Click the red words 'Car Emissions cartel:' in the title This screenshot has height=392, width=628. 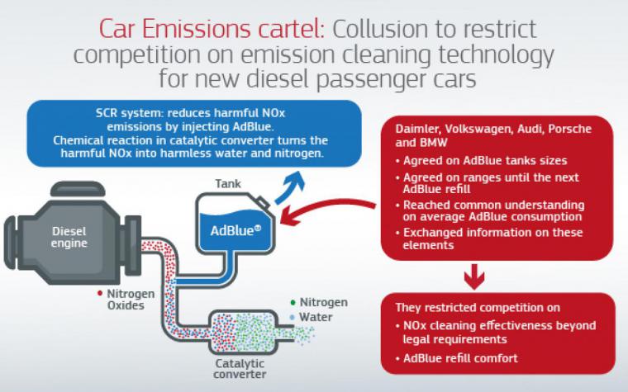(212, 30)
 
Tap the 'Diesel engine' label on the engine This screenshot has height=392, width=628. (69, 237)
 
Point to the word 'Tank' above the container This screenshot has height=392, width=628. (228, 183)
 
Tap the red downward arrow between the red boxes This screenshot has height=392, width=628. (474, 276)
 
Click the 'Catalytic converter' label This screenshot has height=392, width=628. (240, 369)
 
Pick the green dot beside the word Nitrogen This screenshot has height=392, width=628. (293, 302)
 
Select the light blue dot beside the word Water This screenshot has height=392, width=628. (293, 317)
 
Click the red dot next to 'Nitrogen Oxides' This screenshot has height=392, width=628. (100, 294)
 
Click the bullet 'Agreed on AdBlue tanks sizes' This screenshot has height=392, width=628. (485, 161)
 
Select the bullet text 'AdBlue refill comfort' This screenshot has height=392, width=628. (460, 358)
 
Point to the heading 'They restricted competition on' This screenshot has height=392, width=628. (478, 308)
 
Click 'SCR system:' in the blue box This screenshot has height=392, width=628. (130, 113)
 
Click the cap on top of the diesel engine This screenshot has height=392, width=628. (78, 189)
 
